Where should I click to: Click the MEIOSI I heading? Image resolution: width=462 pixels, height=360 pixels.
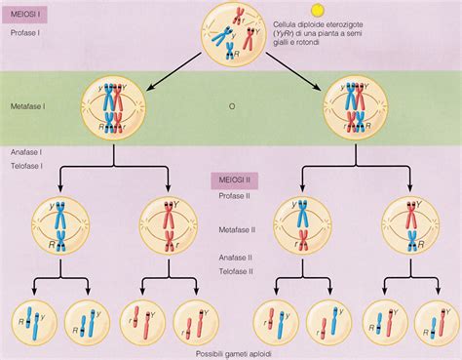tap(21, 16)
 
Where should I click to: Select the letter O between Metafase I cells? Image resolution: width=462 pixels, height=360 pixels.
tap(231, 104)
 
